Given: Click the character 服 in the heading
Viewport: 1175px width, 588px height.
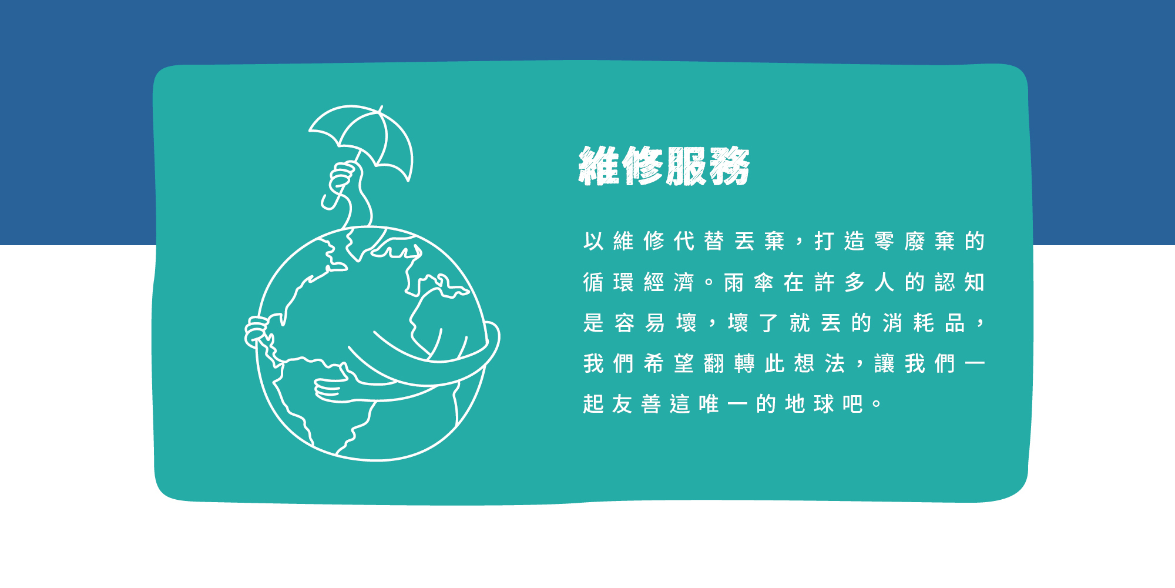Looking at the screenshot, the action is [x=686, y=166].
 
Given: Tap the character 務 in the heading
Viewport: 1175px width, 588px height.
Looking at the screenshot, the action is [x=730, y=166].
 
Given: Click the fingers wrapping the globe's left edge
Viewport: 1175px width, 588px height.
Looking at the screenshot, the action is [x=257, y=330].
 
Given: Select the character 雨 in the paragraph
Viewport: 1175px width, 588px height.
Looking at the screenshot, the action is [x=734, y=283].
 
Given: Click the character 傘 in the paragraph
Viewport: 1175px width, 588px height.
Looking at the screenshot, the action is [x=764, y=283].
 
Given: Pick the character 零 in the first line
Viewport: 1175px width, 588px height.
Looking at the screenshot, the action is [x=884, y=241].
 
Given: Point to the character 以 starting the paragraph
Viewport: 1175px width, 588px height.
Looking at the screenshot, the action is [x=593, y=241].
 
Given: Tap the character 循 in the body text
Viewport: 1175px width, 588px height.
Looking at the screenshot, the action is [x=593, y=283].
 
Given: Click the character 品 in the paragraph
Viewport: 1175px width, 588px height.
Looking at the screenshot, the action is [x=955, y=323].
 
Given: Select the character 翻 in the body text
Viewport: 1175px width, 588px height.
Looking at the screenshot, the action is [x=714, y=363].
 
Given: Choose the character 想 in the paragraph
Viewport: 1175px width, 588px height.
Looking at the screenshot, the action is [x=804, y=363].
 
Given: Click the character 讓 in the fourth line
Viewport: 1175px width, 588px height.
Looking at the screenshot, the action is [x=884, y=363].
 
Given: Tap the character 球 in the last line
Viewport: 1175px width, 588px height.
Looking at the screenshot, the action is [x=824, y=404].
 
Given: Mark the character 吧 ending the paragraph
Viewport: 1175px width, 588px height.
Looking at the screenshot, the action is [x=852, y=404].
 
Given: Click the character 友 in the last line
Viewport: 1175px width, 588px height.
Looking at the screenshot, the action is [x=622, y=404].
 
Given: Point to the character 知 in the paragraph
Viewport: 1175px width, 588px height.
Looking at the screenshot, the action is [x=975, y=283].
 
